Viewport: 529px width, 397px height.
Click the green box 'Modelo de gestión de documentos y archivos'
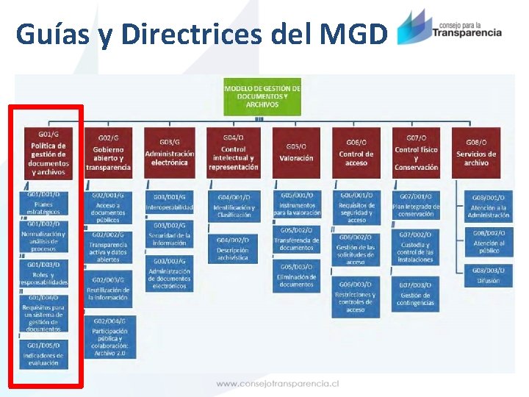pos(262,96)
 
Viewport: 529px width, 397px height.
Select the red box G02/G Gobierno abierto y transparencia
pos(108,154)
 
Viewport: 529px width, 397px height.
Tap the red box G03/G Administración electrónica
pos(170,154)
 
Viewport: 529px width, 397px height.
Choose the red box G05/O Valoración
pos(296,154)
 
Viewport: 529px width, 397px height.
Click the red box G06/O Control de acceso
pos(356,154)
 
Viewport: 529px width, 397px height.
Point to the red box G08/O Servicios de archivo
pos(476,154)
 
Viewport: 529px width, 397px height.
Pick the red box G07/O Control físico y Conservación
pos(416,154)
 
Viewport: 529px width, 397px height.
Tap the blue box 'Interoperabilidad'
pos(170,203)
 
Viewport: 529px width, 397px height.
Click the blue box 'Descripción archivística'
pos(233,250)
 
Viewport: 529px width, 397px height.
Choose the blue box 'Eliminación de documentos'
pos(296,276)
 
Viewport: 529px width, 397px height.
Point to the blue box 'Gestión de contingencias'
pos(416,294)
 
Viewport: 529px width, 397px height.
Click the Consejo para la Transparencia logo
pos(449,27)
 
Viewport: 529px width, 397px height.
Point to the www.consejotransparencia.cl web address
pos(277,383)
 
